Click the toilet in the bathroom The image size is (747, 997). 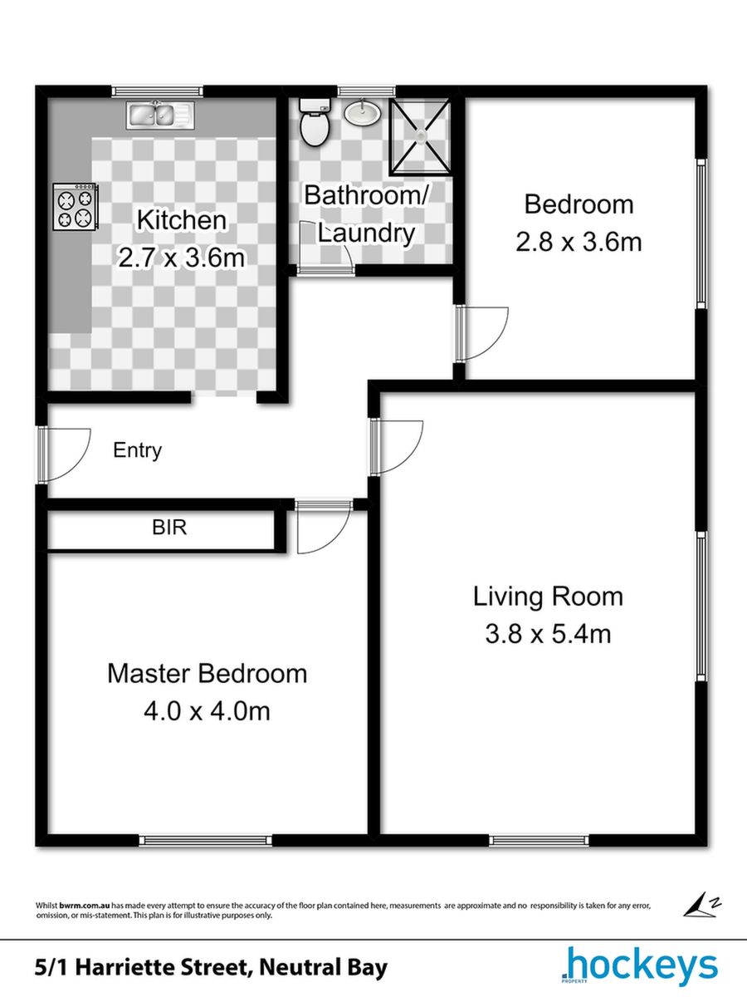pos(314,121)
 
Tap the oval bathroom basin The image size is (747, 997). pos(362,112)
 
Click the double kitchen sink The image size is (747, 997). pos(160,115)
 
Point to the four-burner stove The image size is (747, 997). pos(76,207)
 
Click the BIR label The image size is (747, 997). pos(169,528)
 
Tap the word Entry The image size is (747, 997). pos(137,450)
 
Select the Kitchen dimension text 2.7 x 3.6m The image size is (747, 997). pos(181,258)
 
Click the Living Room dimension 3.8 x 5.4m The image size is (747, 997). pos(548,634)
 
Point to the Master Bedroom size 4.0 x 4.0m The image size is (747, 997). pos(207,711)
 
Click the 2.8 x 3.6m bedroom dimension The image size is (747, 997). pos(579,242)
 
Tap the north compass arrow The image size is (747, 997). pos(701,904)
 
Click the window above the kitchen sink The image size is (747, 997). pos(158,91)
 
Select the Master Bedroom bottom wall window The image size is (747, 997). pos(206,840)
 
